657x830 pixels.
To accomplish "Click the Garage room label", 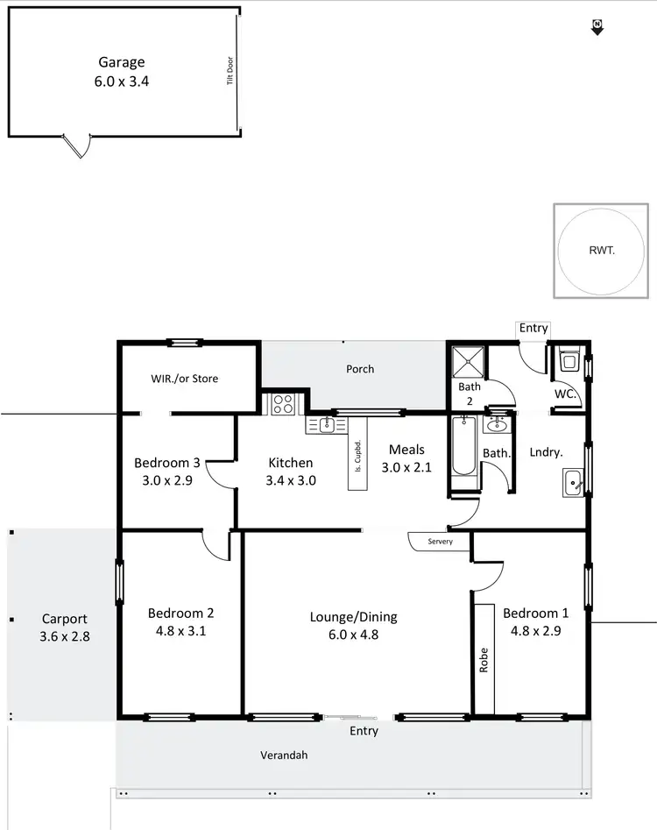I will point(122,62).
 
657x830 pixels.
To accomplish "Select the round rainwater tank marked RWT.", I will point(602,250).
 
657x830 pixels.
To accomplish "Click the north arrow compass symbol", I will point(597,27).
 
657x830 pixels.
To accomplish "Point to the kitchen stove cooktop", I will point(284,404).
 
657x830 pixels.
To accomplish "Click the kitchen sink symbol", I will point(325,425).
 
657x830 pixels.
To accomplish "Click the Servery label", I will point(441,542).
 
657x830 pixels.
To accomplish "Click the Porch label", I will point(360,369).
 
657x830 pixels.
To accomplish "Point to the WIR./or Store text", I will point(185,379).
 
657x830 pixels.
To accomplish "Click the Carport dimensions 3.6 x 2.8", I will point(65,637).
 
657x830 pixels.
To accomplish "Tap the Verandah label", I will point(285,755).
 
